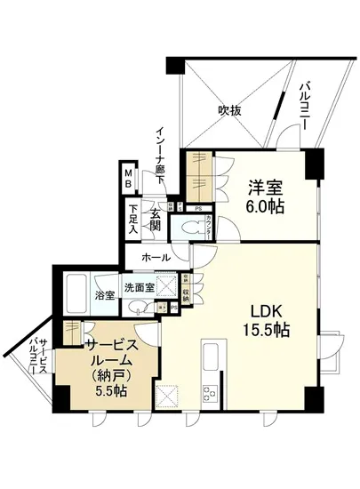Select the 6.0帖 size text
pyautogui.click(x=265, y=205)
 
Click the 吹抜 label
pyautogui.click(x=230, y=111)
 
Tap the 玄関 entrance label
pyautogui.click(x=155, y=220)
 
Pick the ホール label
pyautogui.click(x=156, y=258)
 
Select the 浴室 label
pyautogui.click(x=105, y=295)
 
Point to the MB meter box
pyautogui.click(x=128, y=179)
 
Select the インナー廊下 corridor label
pyautogui.click(x=164, y=150)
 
